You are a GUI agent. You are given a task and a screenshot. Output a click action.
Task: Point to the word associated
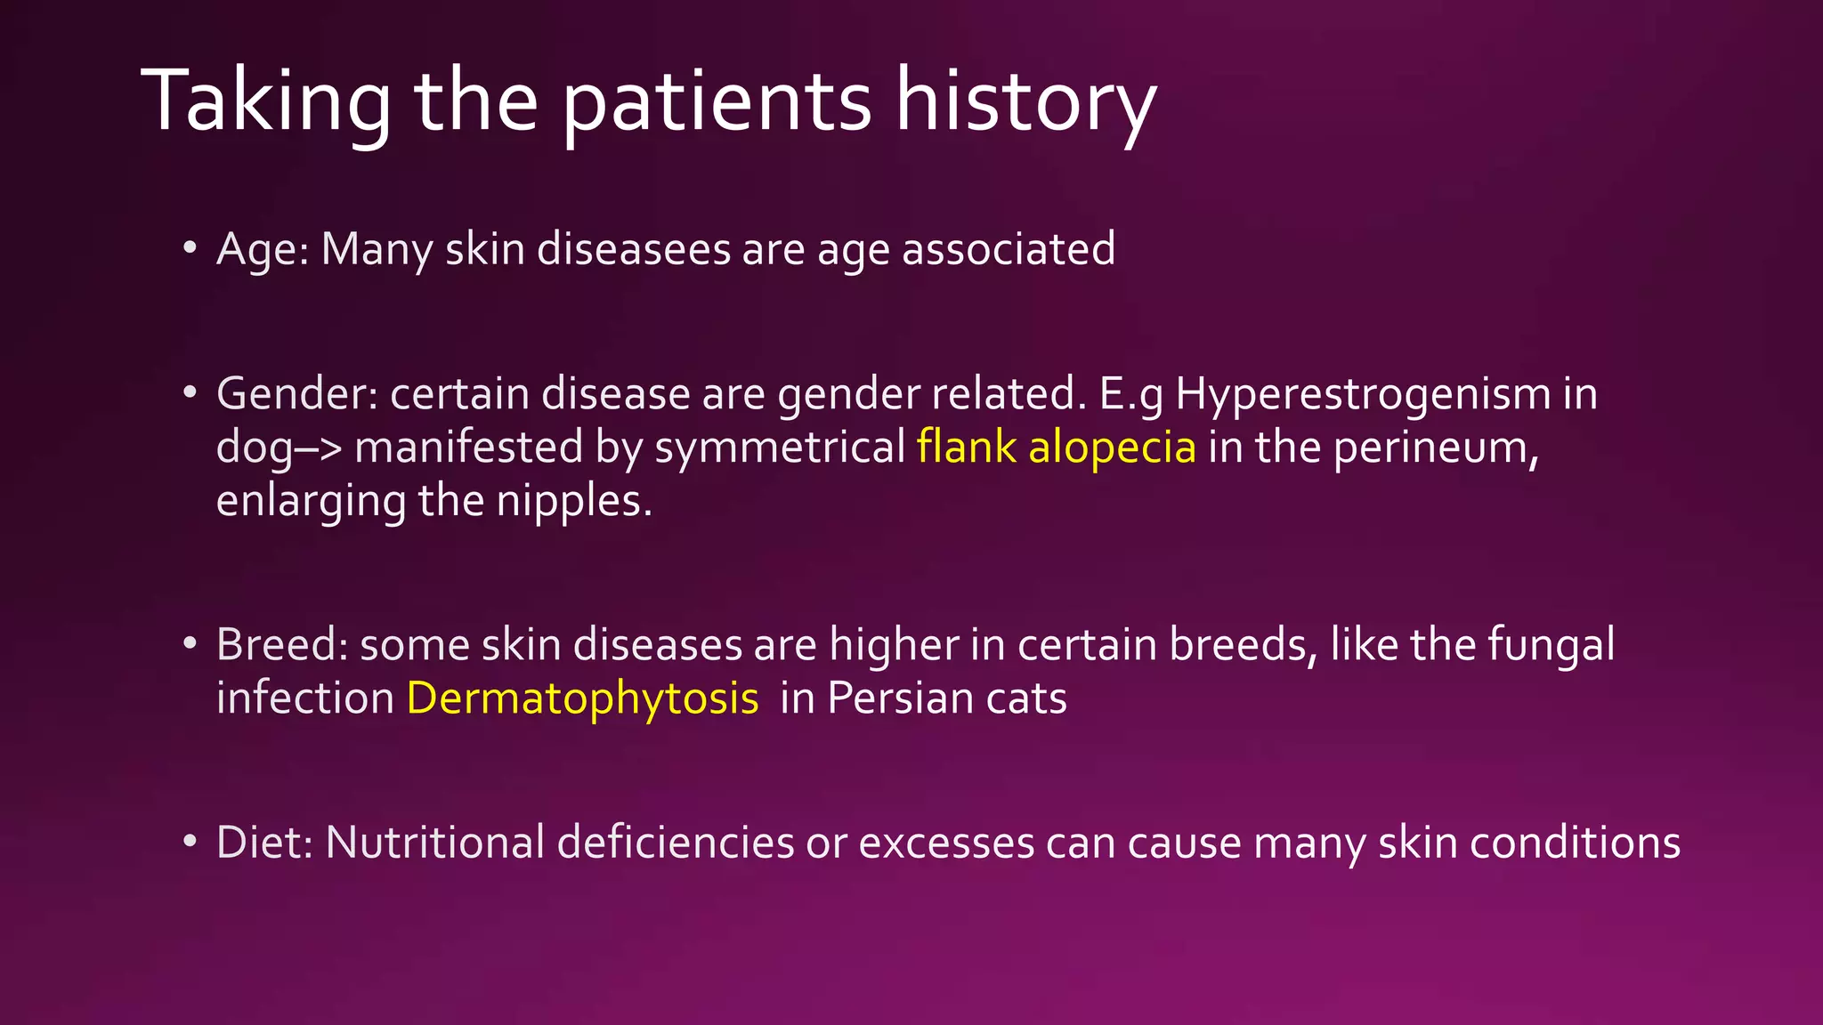tap(1009, 249)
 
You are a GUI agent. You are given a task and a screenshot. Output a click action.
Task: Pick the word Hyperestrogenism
tap(1363, 394)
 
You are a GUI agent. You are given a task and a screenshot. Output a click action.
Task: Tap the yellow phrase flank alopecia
tap(1057, 447)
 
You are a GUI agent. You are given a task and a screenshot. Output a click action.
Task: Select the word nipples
tap(573, 502)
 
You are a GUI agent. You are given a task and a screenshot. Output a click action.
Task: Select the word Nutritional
tap(435, 843)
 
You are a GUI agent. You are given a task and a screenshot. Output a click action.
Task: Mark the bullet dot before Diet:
tap(190, 841)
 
